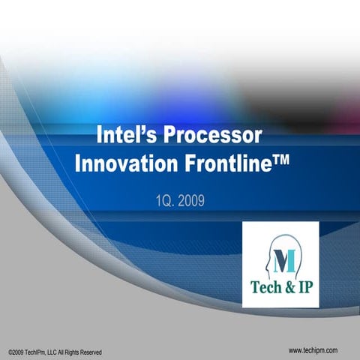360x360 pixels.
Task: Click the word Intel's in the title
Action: coord(127,137)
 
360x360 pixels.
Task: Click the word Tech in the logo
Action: coord(267,289)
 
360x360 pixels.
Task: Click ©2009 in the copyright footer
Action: coord(14,352)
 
